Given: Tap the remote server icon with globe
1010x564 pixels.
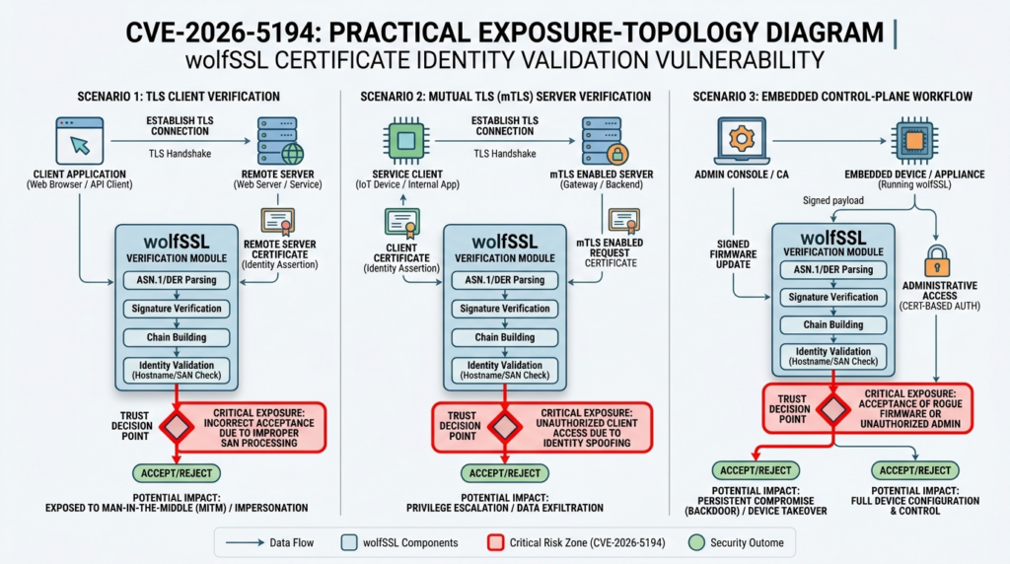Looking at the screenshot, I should click(279, 140).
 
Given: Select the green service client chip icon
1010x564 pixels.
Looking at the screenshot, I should click(402, 140).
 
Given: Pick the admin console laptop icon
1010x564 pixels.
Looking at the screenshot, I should click(735, 140).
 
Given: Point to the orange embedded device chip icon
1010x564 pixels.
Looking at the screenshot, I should click(913, 140).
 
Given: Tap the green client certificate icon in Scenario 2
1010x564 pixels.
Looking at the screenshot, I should click(402, 224).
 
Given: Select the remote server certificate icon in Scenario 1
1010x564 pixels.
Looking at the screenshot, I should click(277, 221).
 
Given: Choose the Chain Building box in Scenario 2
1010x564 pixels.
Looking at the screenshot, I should click(505, 337).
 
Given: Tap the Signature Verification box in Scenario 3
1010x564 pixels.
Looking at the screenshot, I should click(834, 297).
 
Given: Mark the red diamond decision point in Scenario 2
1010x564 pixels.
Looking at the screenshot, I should click(505, 426).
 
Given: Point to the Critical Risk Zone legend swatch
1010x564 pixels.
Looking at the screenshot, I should click(496, 542).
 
